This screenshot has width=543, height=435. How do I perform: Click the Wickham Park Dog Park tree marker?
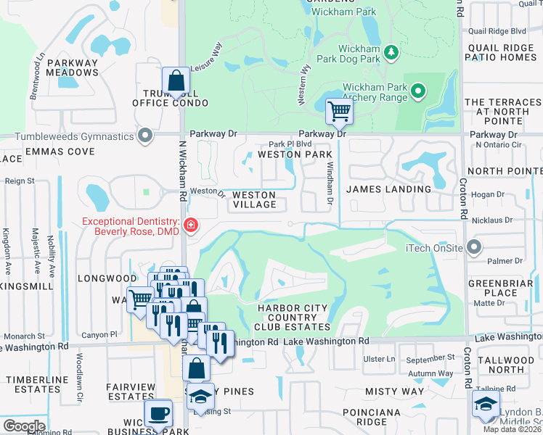[391, 52]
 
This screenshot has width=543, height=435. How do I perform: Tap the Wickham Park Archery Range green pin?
[417, 91]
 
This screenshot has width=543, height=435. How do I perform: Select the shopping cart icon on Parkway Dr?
[338, 112]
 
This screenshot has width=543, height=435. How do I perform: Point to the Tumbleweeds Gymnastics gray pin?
[146, 136]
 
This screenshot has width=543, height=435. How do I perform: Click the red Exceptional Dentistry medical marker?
[191, 225]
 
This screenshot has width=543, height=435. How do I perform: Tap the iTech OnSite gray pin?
[474, 248]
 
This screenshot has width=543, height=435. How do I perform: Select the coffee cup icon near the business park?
[158, 413]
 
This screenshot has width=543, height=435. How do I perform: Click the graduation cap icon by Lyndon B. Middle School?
[485, 405]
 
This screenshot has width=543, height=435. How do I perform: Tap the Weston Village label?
[254, 200]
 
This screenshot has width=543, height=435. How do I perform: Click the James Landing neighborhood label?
[388, 189]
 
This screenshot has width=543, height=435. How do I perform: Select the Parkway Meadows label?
[73, 67]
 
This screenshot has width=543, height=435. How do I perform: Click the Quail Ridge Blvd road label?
[497, 31]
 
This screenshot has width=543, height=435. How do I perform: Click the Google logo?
[24, 426]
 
